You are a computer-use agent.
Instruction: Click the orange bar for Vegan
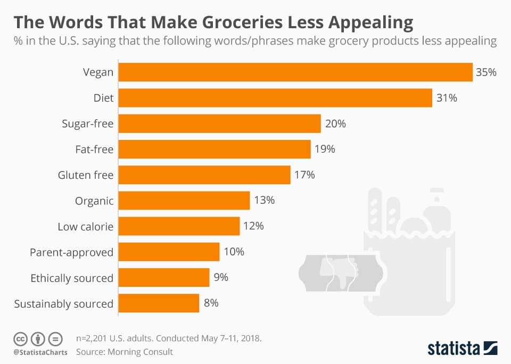[x=295, y=72]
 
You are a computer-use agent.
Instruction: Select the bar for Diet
[x=275, y=98]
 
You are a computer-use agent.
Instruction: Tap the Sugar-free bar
[x=219, y=123]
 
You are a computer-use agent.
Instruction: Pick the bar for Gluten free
[x=204, y=175]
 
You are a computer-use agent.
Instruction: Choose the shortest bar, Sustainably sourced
[x=159, y=303]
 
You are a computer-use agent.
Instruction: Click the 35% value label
[x=486, y=72]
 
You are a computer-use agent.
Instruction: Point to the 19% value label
[x=324, y=149]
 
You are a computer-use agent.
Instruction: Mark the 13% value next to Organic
[x=263, y=200]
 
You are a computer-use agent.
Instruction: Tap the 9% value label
[x=221, y=278]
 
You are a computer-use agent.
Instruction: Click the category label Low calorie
[x=85, y=227]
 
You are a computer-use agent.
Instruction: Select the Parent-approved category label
[x=71, y=252]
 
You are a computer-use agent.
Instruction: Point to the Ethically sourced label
[x=72, y=278]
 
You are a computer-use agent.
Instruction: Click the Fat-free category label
[x=94, y=150]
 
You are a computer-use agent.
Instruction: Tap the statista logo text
[x=454, y=348]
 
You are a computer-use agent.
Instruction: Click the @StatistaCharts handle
[x=40, y=352]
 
